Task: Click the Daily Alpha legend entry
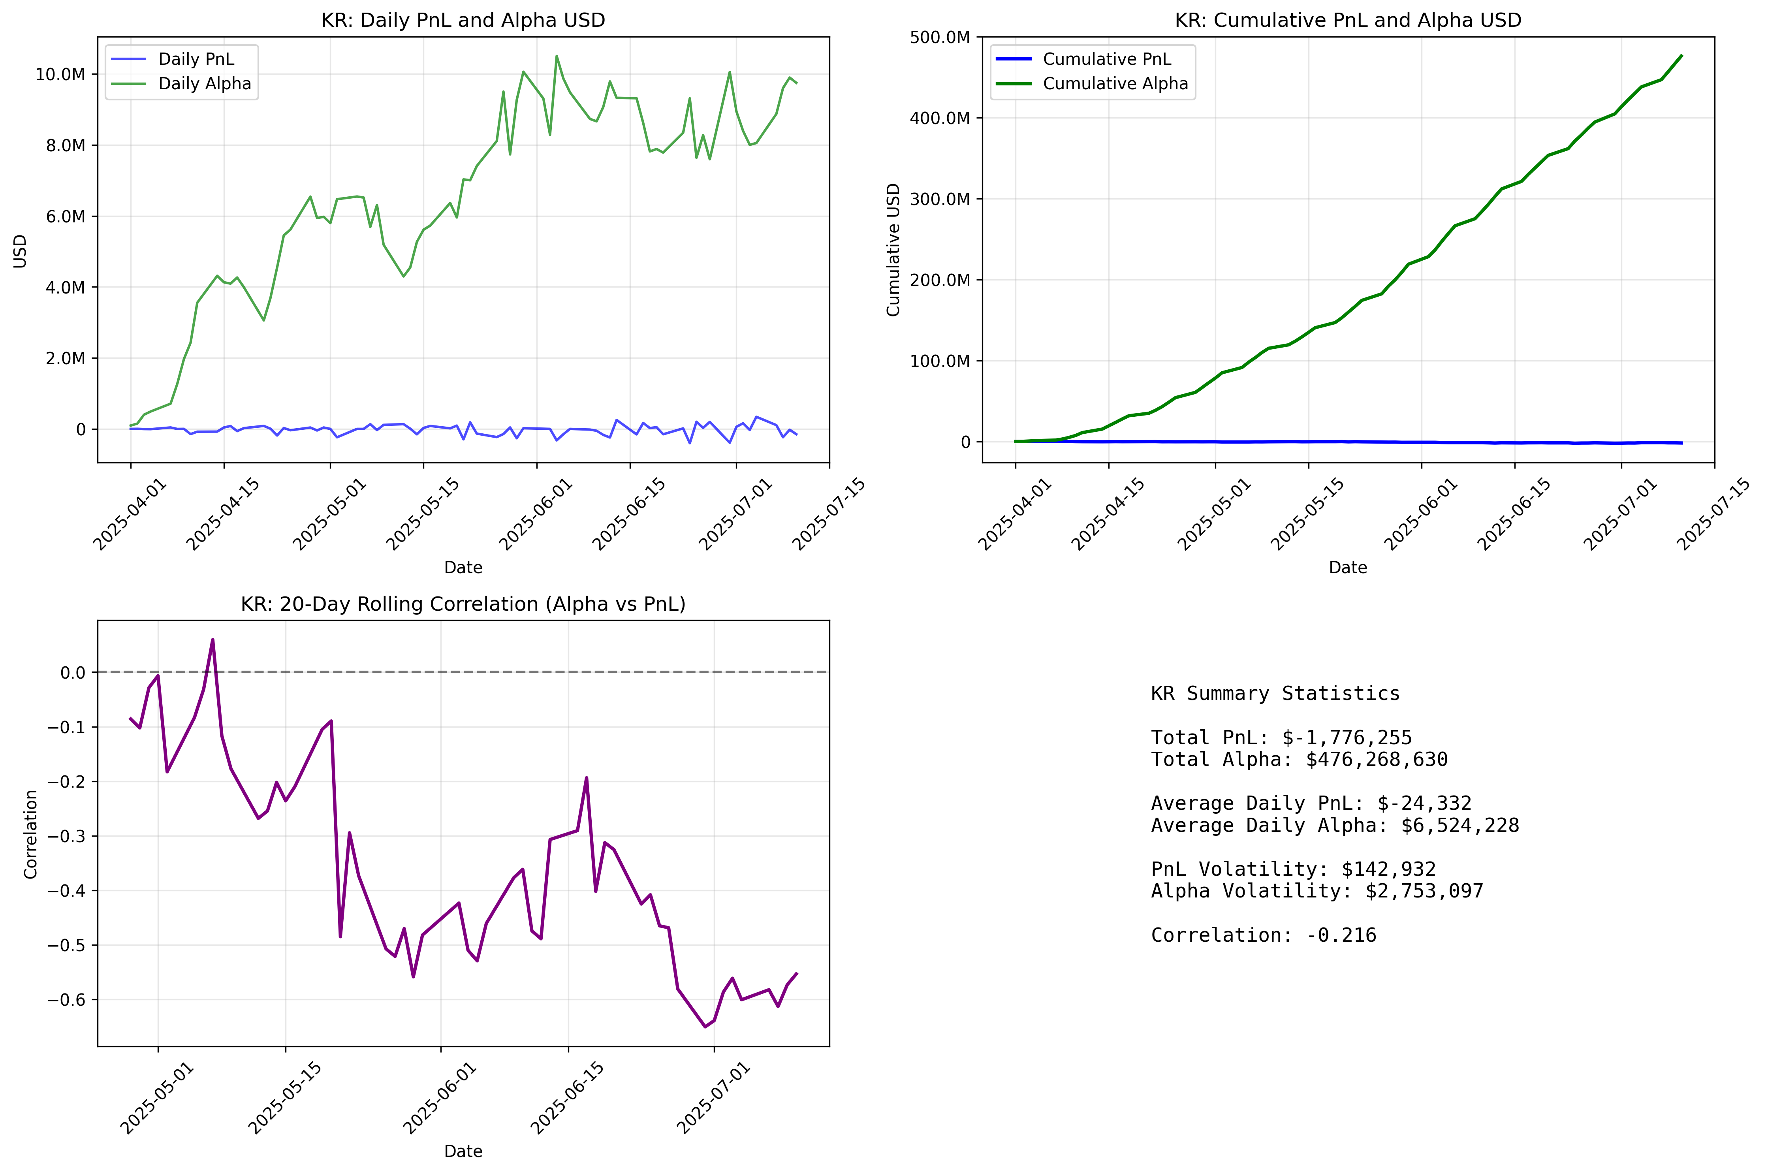[204, 84]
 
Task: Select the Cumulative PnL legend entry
[1106, 59]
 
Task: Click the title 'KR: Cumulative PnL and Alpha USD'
[1347, 20]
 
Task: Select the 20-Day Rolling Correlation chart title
[463, 604]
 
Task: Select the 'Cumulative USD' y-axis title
[893, 250]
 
